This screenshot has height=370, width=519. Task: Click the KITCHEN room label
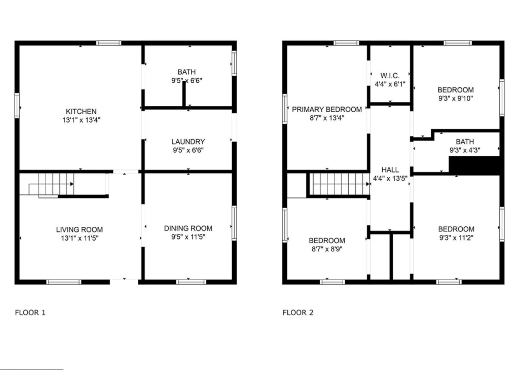coord(81,112)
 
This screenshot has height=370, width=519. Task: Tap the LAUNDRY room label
coord(188,142)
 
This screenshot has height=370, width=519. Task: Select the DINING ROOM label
coord(188,228)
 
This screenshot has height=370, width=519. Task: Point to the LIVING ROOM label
coord(80,230)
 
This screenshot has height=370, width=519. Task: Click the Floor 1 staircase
coord(56,184)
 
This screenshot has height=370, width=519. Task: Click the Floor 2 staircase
coord(339,183)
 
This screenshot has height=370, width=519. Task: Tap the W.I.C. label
coord(389,76)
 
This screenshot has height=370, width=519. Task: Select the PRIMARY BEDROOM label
coord(327,109)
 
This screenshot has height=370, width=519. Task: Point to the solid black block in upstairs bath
coord(474,165)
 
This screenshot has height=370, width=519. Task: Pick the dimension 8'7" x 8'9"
coord(327,249)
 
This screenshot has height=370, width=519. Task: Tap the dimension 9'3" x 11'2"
coord(456,237)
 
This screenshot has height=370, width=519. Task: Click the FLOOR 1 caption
coord(30,313)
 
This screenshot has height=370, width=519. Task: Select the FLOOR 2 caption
coord(298,313)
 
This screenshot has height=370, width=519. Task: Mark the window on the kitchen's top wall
coord(108,43)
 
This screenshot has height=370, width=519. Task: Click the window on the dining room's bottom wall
coord(191,281)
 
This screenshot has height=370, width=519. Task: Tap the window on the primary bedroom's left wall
coord(285,108)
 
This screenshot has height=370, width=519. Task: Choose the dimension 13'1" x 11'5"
coord(80,238)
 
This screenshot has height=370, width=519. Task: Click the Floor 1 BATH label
coord(187,72)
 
